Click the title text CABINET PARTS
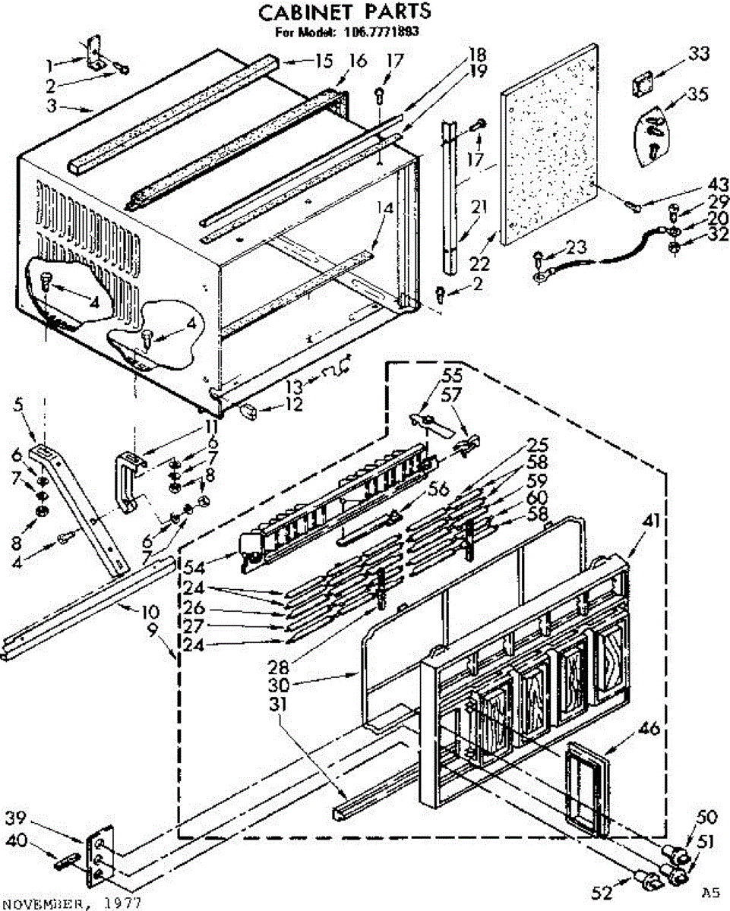(344, 12)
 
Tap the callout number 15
(324, 61)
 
